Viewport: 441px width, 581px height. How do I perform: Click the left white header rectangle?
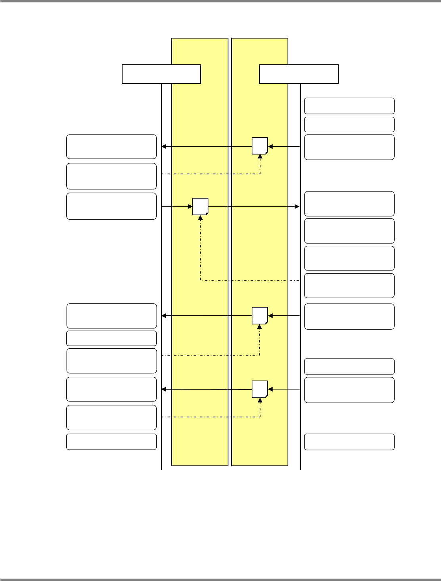pyautogui.click(x=161, y=74)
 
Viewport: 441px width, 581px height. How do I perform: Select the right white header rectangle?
pyautogui.click(x=299, y=74)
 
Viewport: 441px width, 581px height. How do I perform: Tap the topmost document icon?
pyautogui.click(x=260, y=146)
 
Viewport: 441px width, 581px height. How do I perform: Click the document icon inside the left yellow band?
pyautogui.click(x=200, y=206)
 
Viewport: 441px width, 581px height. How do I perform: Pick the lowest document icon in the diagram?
pyautogui.click(x=260, y=389)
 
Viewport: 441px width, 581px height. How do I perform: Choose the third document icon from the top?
pyautogui.click(x=260, y=315)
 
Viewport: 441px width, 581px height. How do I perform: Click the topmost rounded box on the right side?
pyautogui.click(x=349, y=106)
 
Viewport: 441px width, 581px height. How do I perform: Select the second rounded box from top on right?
pyautogui.click(x=349, y=124)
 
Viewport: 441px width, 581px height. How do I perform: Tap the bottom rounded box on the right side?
pyautogui.click(x=349, y=442)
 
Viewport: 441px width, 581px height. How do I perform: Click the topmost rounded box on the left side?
pyautogui.click(x=111, y=147)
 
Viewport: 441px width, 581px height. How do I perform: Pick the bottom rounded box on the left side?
pyautogui.click(x=111, y=442)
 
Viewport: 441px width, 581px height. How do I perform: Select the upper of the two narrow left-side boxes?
pyautogui.click(x=111, y=338)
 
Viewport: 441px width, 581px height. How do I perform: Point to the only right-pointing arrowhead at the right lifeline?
pyautogui.click(x=297, y=207)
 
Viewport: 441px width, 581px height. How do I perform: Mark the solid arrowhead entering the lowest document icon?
pyautogui.click(x=270, y=390)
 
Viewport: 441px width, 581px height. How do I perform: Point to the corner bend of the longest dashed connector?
pyautogui.click(x=200, y=281)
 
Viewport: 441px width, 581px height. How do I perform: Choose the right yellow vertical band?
pyautogui.click(x=260, y=254)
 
